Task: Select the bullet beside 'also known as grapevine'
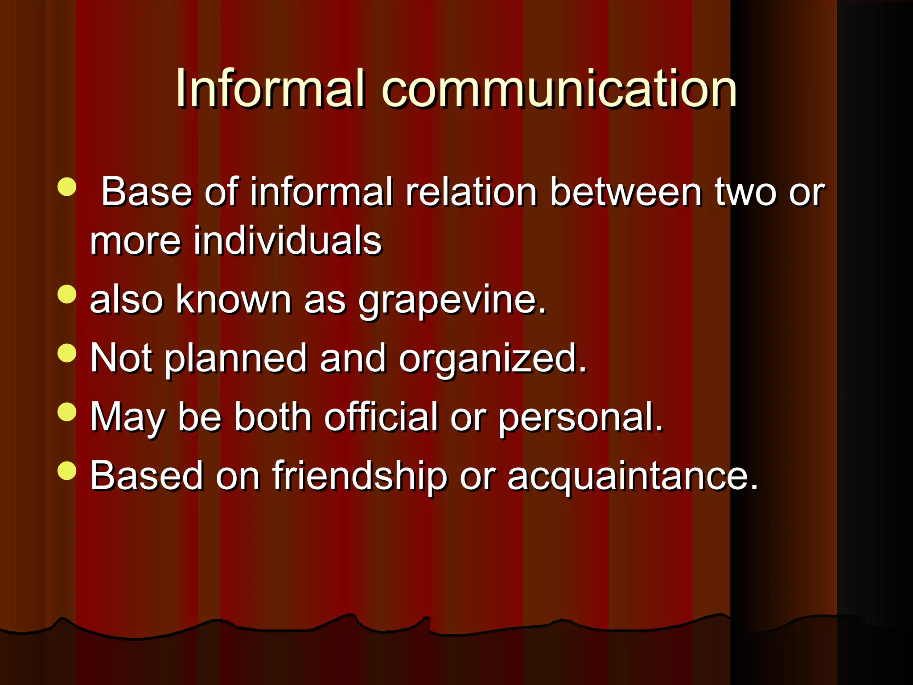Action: coord(67,294)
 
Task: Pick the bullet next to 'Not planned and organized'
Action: coord(67,353)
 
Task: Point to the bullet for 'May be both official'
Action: coord(67,412)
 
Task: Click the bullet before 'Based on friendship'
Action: coord(67,470)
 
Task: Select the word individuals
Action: coord(287,241)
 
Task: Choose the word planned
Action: coord(236,359)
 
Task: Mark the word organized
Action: coord(492,359)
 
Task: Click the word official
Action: coord(381,417)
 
